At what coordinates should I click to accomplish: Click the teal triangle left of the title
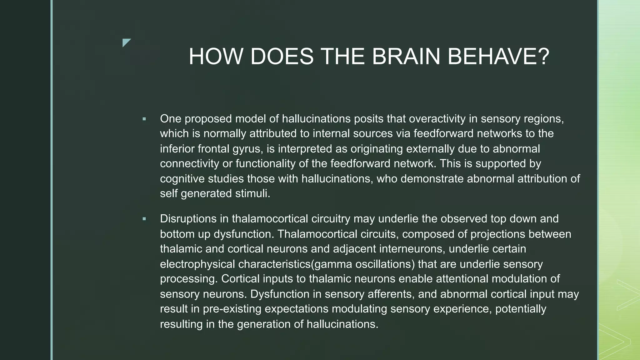point(126,42)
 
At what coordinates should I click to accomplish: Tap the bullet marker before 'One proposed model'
point(144,119)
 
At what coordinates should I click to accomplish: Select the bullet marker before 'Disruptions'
point(144,219)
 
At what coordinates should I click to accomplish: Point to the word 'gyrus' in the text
point(247,149)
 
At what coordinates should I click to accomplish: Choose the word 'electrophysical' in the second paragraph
point(197,264)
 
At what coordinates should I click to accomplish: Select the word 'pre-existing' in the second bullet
point(232,309)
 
